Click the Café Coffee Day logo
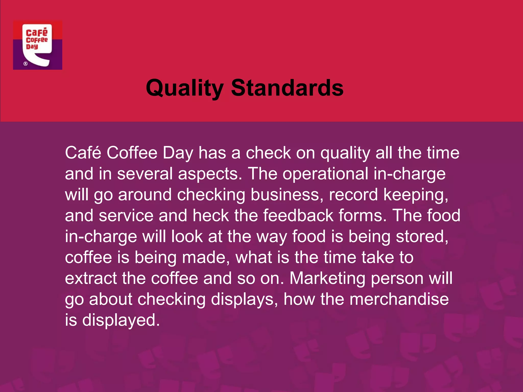tap(38, 45)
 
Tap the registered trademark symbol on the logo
tap(26, 64)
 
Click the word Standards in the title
tap(287, 88)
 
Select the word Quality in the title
tap(185, 88)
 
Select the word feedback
tap(298, 216)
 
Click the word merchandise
tap(399, 299)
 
